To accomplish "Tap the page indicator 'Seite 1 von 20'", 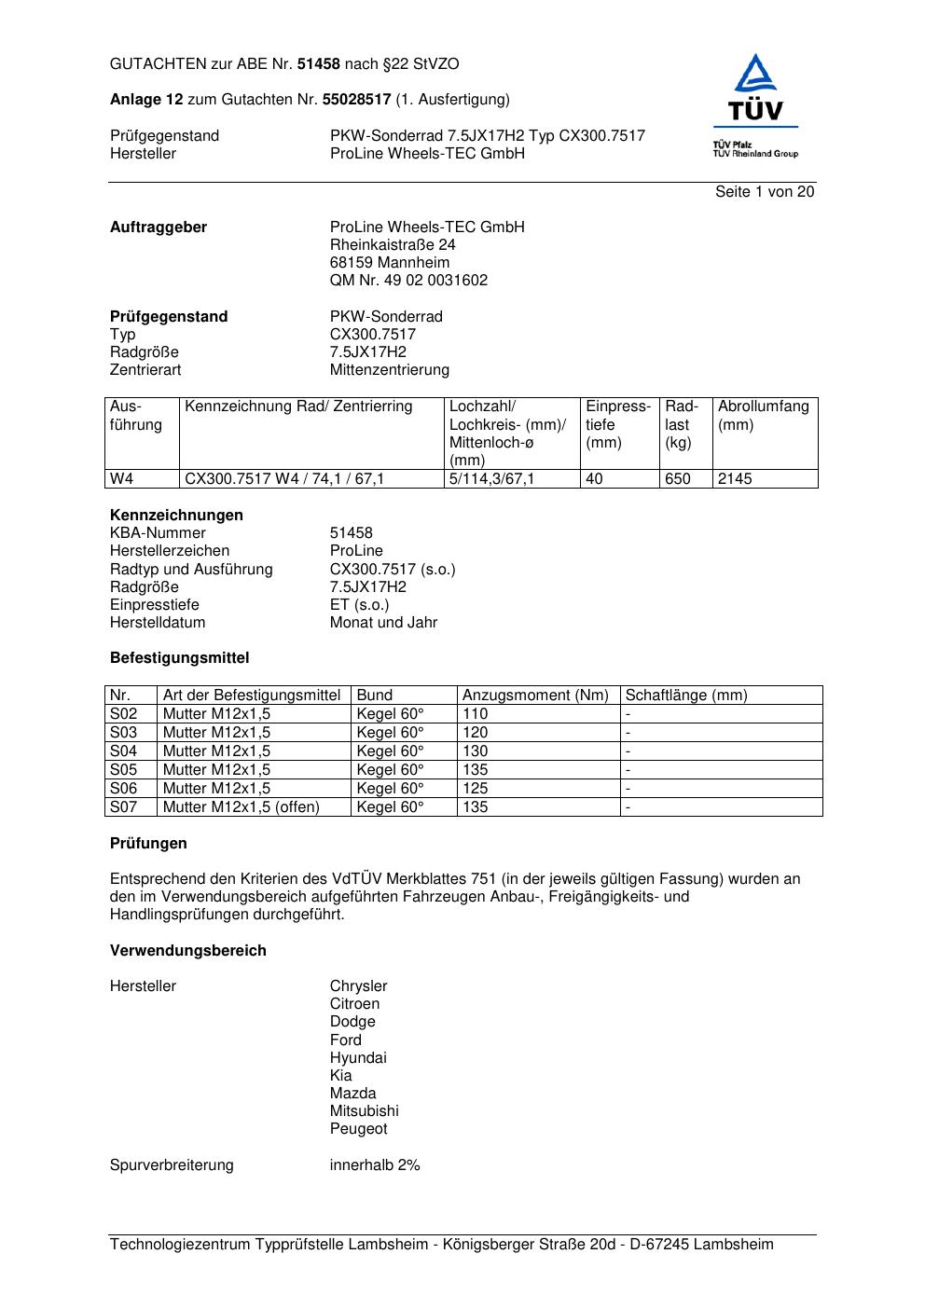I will click(765, 192).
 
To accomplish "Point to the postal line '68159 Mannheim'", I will click(389, 263).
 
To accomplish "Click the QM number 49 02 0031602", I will click(408, 281).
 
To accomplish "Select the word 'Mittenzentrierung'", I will click(389, 370).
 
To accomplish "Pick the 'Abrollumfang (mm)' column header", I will click(763, 416).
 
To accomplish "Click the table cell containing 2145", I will click(735, 479).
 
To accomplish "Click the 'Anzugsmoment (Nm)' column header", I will click(535, 696).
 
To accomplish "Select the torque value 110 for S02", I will click(476, 714).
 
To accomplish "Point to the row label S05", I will click(123, 770).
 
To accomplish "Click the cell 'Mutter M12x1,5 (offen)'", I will click(241, 807).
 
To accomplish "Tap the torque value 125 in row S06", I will click(476, 789).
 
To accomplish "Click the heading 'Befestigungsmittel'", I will click(179, 658).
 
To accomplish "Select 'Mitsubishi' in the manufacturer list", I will click(364, 1111).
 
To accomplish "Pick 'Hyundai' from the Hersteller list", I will click(357, 1058).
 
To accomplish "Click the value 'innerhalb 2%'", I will click(375, 1165).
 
